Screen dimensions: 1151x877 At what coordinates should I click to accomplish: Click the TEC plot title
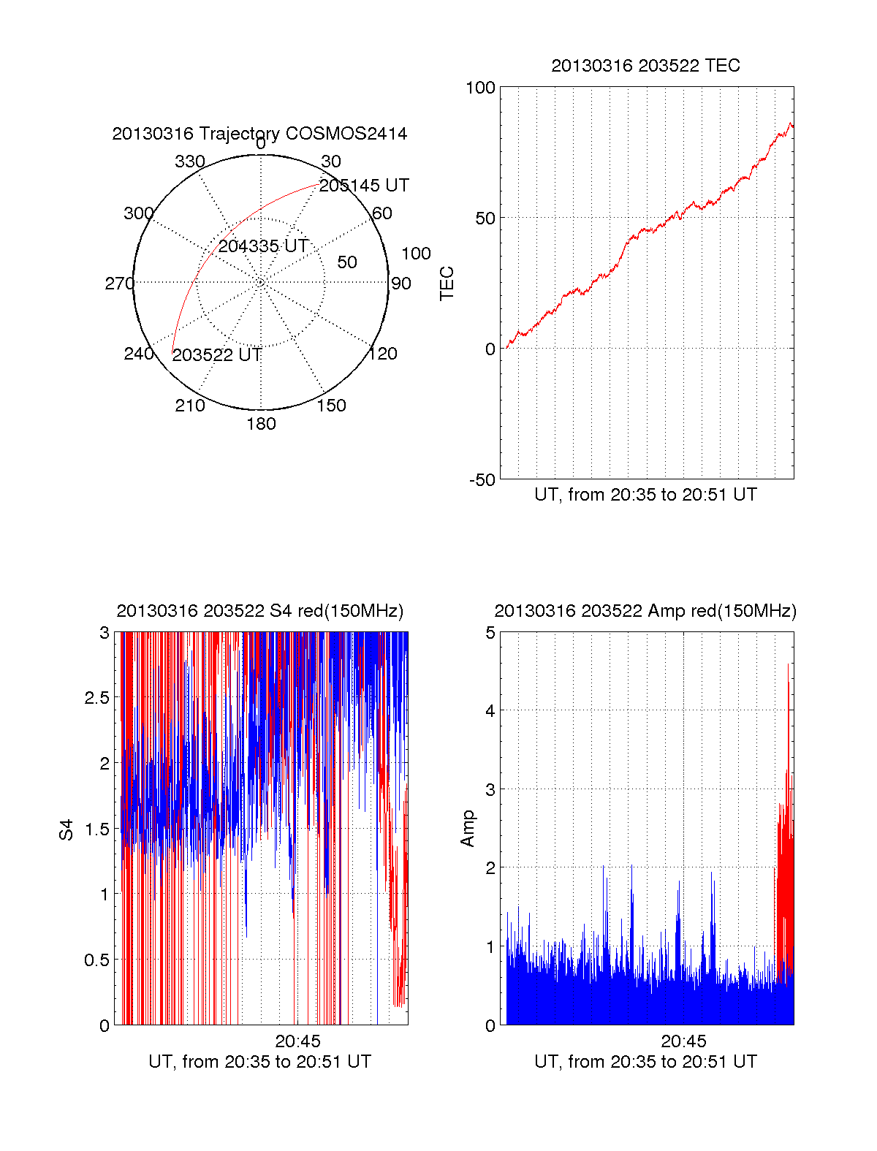coord(645,66)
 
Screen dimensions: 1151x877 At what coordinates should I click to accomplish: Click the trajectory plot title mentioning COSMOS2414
coord(259,134)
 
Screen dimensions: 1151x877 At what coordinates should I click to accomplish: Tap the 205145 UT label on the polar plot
coord(364,186)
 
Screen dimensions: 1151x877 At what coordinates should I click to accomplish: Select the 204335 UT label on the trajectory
coord(263,246)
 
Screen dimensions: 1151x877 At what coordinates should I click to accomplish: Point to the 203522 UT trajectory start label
coord(217,355)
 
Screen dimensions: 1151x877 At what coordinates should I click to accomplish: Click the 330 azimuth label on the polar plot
coord(190,162)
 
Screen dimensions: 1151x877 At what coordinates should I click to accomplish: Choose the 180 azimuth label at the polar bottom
coord(261,424)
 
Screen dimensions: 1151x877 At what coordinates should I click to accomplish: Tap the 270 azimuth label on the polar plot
coord(119,284)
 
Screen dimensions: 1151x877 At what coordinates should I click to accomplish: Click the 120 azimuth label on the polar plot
coord(383,354)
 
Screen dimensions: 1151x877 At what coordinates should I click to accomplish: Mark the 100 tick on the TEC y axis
coord(480,88)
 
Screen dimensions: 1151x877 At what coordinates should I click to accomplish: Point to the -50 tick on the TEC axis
coord(482,480)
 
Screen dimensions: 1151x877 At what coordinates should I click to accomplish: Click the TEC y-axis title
coord(447,284)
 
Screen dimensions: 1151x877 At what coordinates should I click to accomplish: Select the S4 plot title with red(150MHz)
coord(259,611)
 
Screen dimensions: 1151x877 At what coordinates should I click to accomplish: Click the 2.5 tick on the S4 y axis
coord(96,698)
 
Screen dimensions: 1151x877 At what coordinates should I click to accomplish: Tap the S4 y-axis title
coord(67,829)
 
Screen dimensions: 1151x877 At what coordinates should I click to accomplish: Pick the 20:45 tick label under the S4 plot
coord(297,1041)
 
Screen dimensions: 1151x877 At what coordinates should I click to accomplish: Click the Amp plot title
coord(645,611)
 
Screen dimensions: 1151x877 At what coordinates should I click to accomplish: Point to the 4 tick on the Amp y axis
coord(490,710)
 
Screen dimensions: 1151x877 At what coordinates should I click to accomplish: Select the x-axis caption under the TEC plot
coord(645,495)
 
